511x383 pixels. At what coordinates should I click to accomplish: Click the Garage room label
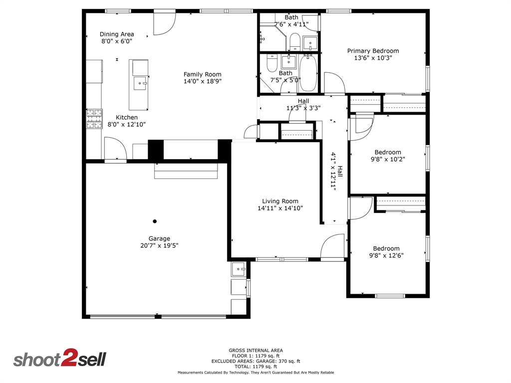click(159, 238)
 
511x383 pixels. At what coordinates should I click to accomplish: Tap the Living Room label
click(280, 201)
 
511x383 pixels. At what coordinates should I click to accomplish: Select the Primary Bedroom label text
click(373, 51)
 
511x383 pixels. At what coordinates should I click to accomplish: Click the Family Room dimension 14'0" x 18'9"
click(202, 81)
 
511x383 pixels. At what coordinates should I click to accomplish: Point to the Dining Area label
click(117, 34)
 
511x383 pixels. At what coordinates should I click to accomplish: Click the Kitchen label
click(127, 118)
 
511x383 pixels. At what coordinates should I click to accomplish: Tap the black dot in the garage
click(155, 221)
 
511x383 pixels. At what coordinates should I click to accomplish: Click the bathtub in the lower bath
click(308, 74)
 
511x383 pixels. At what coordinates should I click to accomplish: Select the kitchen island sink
click(139, 83)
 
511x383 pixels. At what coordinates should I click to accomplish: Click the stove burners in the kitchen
click(93, 119)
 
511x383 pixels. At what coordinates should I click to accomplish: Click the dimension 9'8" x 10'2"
click(387, 160)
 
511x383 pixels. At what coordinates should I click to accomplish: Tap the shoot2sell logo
click(59, 359)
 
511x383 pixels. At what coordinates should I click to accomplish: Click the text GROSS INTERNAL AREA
click(255, 351)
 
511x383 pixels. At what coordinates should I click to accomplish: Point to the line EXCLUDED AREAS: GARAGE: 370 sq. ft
click(255, 361)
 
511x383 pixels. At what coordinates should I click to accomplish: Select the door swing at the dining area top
click(164, 24)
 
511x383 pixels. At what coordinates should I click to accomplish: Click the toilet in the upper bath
click(294, 41)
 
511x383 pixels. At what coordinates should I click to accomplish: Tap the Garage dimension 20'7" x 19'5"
click(159, 245)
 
